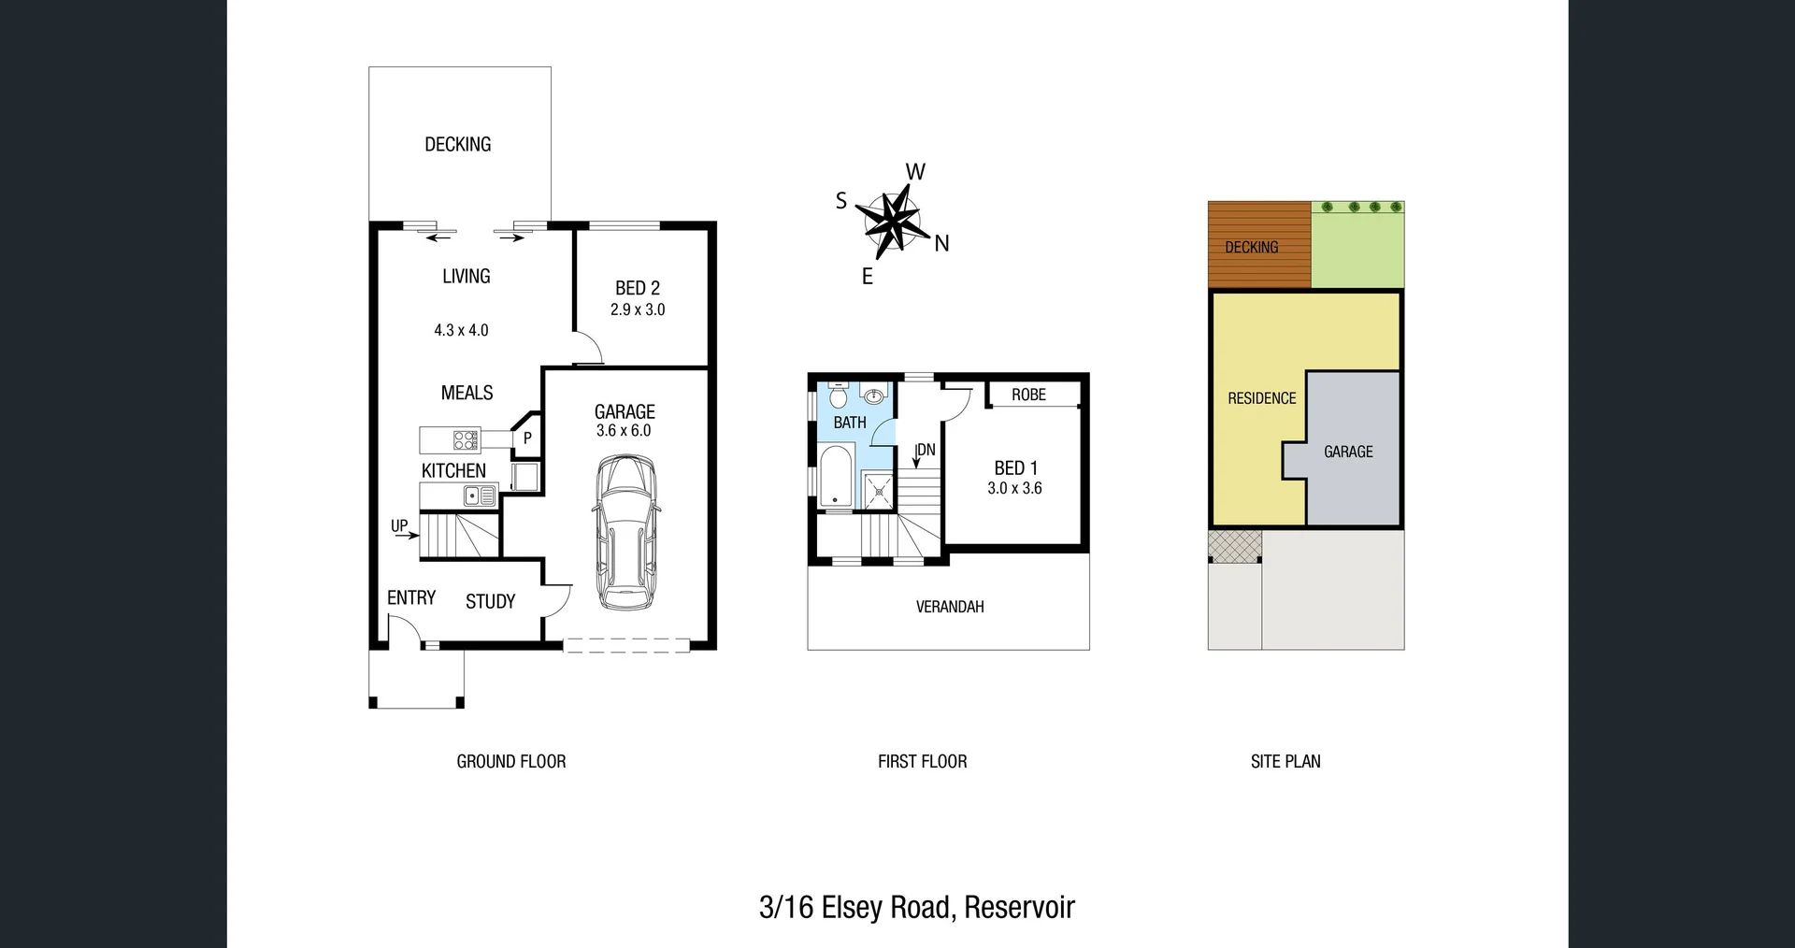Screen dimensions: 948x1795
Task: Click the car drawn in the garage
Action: tap(625, 534)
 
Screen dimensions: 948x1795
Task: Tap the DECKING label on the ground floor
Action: tap(457, 144)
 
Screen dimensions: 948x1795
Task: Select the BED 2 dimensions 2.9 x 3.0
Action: tap(638, 309)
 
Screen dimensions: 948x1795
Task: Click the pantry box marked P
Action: tap(527, 438)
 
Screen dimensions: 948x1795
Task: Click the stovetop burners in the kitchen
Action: tap(465, 439)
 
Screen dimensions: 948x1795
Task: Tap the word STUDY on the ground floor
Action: tap(490, 601)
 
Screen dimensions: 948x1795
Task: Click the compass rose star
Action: tap(887, 223)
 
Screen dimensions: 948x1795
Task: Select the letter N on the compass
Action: tap(941, 244)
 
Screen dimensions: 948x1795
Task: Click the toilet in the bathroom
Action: tap(838, 397)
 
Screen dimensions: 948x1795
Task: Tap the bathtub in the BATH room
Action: tap(835, 477)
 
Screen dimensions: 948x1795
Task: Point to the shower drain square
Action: tap(879, 491)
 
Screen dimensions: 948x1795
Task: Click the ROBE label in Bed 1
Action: tap(1028, 395)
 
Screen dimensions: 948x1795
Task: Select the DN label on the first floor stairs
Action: tap(926, 450)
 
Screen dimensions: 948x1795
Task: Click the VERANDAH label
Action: tap(949, 607)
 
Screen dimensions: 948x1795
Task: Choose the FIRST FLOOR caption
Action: tap(922, 761)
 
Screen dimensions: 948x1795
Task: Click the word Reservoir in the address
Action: tap(1019, 907)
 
